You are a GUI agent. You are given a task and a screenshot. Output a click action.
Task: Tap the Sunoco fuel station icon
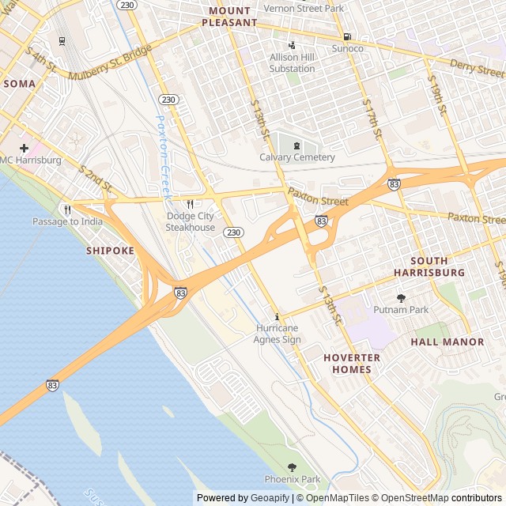pyautogui.click(x=346, y=36)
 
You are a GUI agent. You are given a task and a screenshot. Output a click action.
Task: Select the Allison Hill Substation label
pyautogui.click(x=292, y=62)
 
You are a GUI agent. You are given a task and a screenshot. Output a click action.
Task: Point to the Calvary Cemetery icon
pyautogui.click(x=297, y=145)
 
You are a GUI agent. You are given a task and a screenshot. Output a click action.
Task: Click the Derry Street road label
pyautogui.click(x=477, y=68)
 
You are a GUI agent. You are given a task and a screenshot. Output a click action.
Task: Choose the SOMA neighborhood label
pyautogui.click(x=19, y=83)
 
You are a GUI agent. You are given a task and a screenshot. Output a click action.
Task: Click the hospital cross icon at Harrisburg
pyautogui.click(x=25, y=148)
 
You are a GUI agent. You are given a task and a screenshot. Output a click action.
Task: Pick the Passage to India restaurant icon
pyautogui.click(x=67, y=210)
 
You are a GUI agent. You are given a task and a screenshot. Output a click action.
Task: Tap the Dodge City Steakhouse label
pyautogui.click(x=190, y=222)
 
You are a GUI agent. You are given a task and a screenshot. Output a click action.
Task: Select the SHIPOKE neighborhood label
pyautogui.click(x=110, y=251)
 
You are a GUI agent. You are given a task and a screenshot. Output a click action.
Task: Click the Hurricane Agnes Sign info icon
pyautogui.click(x=277, y=316)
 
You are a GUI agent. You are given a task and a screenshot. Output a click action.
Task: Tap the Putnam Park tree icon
pyautogui.click(x=401, y=298)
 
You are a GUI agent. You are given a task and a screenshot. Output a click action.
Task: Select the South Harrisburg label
pyautogui.click(x=429, y=266)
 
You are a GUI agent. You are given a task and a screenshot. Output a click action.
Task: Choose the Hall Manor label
pyautogui.click(x=447, y=342)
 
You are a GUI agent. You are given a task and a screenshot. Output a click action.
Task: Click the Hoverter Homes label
pyautogui.click(x=352, y=364)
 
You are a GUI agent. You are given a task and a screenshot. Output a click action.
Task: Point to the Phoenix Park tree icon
pyautogui.click(x=293, y=467)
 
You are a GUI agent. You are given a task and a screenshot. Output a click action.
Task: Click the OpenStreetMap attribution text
pyautogui.click(x=408, y=498)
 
